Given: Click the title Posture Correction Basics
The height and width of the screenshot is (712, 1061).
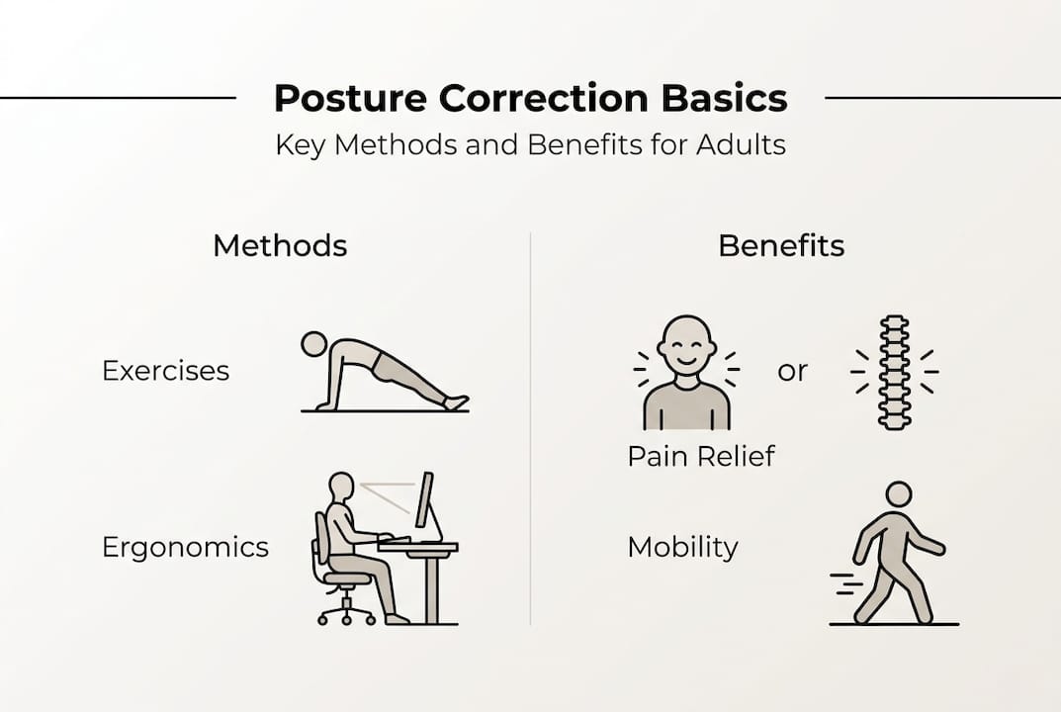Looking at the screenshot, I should (x=530, y=99).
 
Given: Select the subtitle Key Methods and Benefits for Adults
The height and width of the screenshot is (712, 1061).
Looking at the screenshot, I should (x=530, y=145).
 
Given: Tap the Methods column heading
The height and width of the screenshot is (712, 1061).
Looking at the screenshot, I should (x=280, y=245).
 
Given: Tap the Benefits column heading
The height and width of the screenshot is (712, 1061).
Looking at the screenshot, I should (x=781, y=245).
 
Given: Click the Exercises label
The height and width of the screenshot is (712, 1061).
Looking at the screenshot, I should (x=165, y=371).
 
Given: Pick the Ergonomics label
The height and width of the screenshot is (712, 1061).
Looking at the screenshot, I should (x=185, y=547).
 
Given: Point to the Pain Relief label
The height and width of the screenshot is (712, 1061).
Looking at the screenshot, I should (x=701, y=456).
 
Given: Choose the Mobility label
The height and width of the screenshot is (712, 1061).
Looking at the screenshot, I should (x=682, y=547).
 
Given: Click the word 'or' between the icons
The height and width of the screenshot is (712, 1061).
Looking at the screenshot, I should (x=792, y=371).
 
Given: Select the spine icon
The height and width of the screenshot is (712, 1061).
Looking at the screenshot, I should (x=894, y=372).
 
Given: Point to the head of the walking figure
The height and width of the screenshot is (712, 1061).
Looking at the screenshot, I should (x=898, y=493).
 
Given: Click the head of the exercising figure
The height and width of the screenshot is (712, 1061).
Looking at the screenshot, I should (x=314, y=344).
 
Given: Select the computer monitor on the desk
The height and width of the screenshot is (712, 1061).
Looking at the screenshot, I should (x=424, y=501).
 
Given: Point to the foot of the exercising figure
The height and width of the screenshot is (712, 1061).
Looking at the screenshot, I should (x=456, y=402).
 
